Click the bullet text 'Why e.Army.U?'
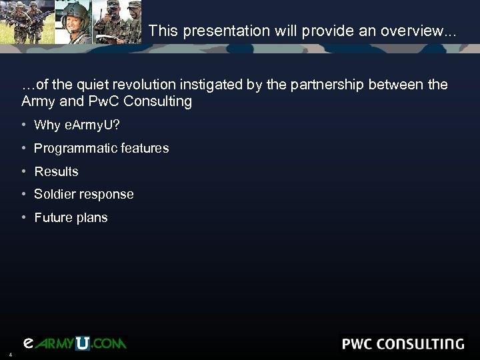pos(77,126)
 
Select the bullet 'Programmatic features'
pos(101,149)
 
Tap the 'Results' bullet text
pos(56,172)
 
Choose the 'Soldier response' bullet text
pos(84,195)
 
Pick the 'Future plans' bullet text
pos(71,218)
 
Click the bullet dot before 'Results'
pos(23,171)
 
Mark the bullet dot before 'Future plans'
pos(23,217)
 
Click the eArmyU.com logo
pos(74,343)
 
